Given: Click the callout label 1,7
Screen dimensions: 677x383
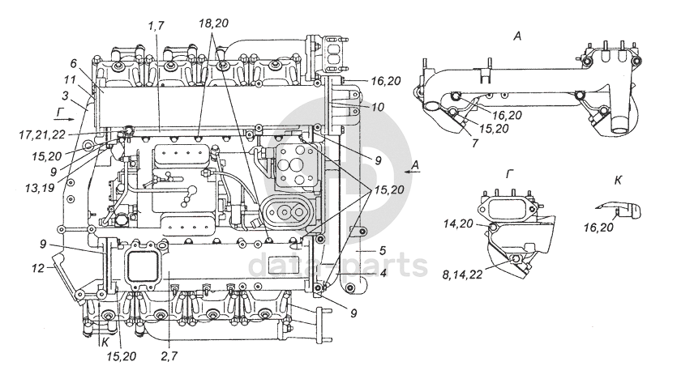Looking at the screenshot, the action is click(156, 26).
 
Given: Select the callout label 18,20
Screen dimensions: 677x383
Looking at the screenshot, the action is click(214, 23).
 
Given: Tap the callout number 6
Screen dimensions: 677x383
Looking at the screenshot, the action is click(73, 64).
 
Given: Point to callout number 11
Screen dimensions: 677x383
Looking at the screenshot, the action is click(70, 80).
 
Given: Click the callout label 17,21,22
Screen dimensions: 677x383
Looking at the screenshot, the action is click(42, 135).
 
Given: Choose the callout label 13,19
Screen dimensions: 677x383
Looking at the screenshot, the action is click(40, 188).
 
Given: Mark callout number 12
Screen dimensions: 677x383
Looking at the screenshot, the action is click(38, 268).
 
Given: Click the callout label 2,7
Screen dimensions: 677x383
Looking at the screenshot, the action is click(169, 356).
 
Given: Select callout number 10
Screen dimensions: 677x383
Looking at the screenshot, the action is click(377, 107).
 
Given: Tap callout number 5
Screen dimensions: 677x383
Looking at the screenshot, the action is click(382, 250).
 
